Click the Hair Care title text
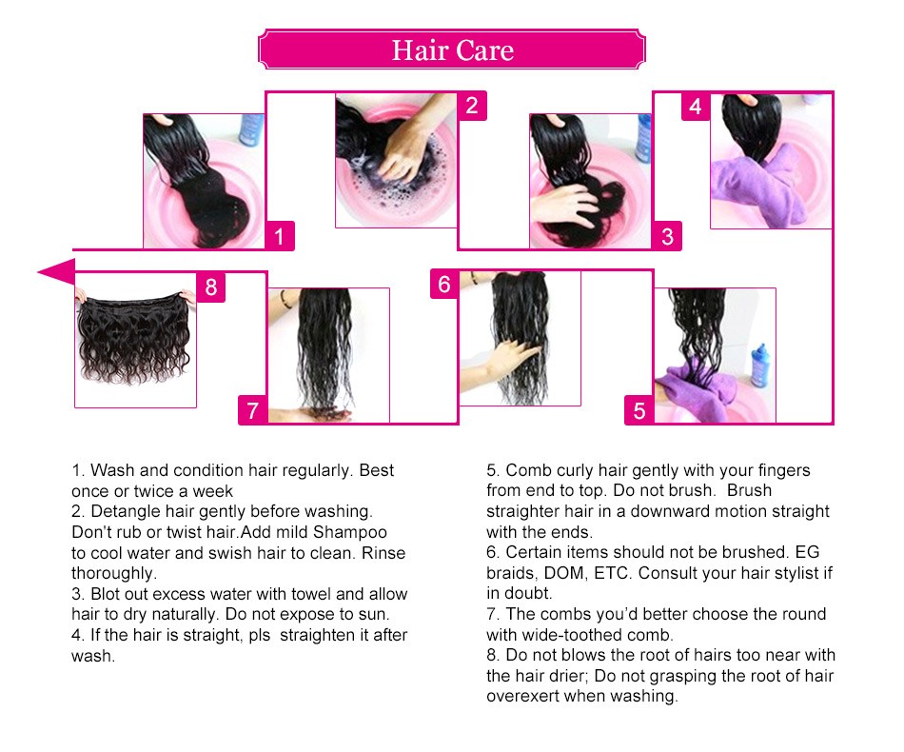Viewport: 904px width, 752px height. [x=453, y=50]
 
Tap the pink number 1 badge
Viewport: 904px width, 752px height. [x=280, y=236]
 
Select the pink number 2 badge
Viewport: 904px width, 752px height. [x=472, y=106]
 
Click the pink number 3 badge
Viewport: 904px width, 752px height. [x=667, y=236]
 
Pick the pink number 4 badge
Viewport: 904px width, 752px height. [x=696, y=106]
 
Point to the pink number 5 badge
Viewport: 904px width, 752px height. [x=639, y=410]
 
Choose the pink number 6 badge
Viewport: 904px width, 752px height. [x=444, y=285]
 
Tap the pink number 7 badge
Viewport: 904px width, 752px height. [x=252, y=410]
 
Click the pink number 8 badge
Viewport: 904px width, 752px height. [x=211, y=287]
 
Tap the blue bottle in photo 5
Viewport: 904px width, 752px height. [x=759, y=366]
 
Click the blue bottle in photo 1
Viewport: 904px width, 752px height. [x=251, y=129]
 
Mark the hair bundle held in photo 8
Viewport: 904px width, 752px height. [x=134, y=338]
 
